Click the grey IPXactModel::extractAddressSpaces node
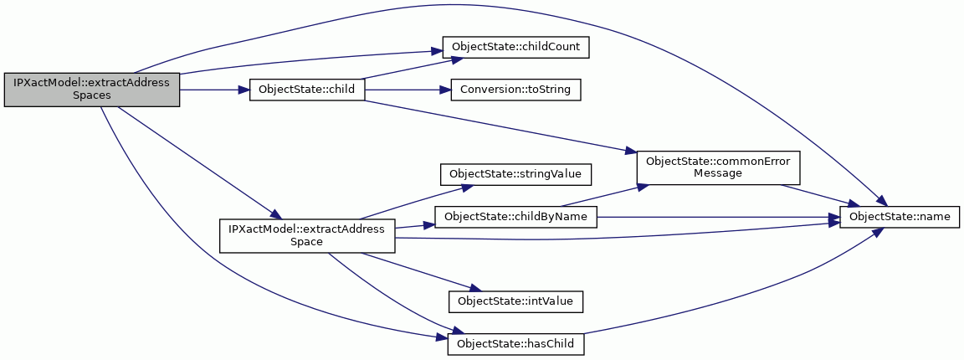click(91, 90)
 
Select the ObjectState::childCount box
click(516, 48)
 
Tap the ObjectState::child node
click(307, 90)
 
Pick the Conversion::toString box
click(515, 90)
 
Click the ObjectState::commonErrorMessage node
click(717, 167)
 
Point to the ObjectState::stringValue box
click(515, 174)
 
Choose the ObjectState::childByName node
click(515, 217)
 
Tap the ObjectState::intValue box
click(515, 301)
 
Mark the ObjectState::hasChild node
click(515, 343)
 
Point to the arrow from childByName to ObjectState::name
click(718, 217)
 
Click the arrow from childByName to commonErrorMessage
click(599, 195)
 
